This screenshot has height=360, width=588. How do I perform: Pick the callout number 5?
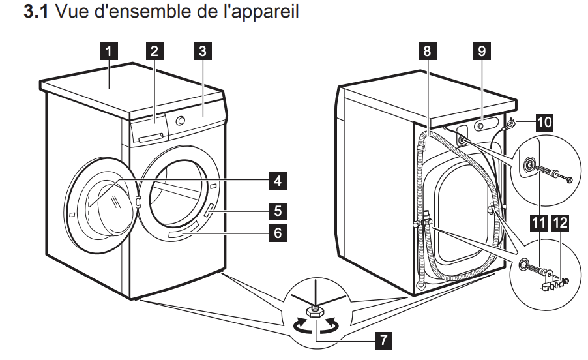click(x=278, y=211)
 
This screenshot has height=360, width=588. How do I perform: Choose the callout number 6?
click(x=278, y=232)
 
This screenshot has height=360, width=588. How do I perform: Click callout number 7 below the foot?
click(x=384, y=340)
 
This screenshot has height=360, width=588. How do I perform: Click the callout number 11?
click(x=538, y=224)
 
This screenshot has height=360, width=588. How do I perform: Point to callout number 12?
click(x=560, y=224)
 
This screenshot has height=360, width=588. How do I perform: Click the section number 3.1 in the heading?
click(x=37, y=12)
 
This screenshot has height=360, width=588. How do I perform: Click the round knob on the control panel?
click(x=181, y=121)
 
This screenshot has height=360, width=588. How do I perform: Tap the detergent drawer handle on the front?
click(x=150, y=136)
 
